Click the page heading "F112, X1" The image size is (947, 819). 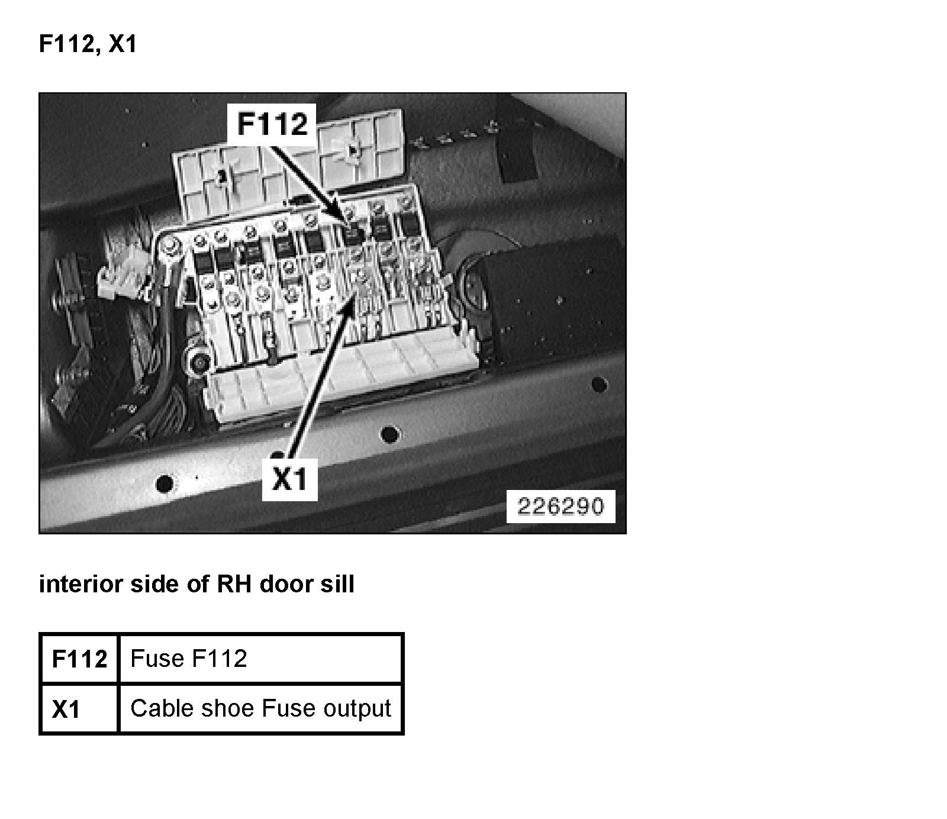click(x=88, y=44)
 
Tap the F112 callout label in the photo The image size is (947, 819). click(x=272, y=124)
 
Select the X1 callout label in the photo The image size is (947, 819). click(x=290, y=479)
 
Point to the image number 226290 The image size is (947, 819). click(x=561, y=507)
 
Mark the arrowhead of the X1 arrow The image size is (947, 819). click(x=356, y=289)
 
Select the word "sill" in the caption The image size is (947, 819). click(x=337, y=584)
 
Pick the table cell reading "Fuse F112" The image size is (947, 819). click(x=189, y=658)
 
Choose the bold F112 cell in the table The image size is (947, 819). click(x=79, y=659)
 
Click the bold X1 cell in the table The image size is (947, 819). click(x=66, y=709)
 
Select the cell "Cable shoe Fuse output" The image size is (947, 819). click(x=260, y=708)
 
